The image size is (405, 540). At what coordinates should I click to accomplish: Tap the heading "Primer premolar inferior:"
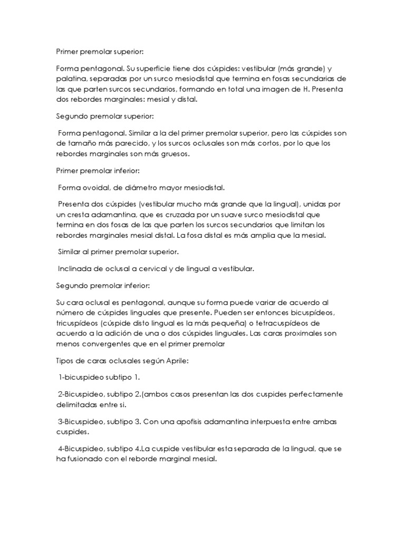coord(98,170)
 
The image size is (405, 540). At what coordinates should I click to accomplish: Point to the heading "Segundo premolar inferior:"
coord(103,285)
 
